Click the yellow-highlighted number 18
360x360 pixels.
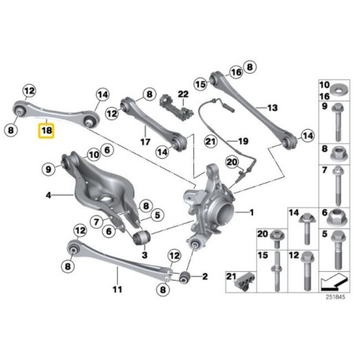(x=46, y=130)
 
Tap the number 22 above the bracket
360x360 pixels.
(x=183, y=94)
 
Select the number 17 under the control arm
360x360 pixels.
(x=145, y=142)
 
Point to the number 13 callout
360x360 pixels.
(x=273, y=108)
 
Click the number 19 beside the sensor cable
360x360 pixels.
(x=243, y=141)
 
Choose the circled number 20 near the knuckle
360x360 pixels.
(x=232, y=162)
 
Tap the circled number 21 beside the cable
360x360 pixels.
(x=211, y=141)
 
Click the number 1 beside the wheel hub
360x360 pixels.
(x=252, y=212)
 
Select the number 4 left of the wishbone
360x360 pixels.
(x=49, y=195)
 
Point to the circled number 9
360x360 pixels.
(x=49, y=169)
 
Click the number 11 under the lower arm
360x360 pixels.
(x=117, y=289)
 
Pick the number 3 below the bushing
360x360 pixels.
(x=145, y=255)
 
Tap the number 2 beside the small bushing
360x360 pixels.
(x=204, y=276)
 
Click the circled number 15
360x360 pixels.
(x=200, y=84)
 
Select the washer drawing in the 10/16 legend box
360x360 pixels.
(x=339, y=90)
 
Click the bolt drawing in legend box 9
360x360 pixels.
(x=337, y=122)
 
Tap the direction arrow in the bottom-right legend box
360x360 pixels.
(x=334, y=282)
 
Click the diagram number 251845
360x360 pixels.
(x=336, y=297)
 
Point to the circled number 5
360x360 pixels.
(x=157, y=215)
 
